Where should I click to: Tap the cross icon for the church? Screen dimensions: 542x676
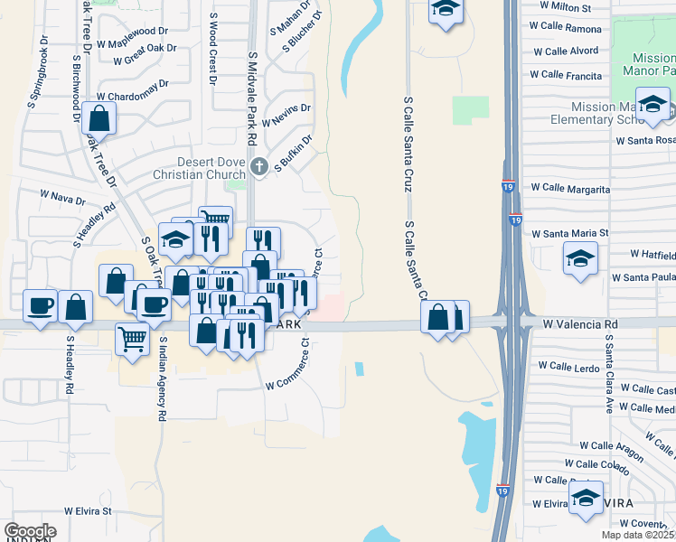pos(259,165)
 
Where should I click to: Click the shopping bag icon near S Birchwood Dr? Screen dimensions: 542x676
pos(99,117)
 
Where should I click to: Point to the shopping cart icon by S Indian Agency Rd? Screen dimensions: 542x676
pos(132,340)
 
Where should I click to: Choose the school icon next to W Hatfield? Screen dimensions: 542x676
pos(580,257)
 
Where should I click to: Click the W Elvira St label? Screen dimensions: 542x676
pos(88,510)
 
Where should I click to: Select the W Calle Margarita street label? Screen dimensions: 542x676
pos(570,189)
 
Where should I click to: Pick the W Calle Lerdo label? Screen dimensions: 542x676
pos(568,366)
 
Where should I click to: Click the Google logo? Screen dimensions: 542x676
pos(31,531)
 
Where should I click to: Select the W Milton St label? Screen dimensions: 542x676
pos(565,7)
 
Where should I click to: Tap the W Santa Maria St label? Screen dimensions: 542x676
pos(570,233)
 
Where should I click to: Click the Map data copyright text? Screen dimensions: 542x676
pos(638,535)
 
